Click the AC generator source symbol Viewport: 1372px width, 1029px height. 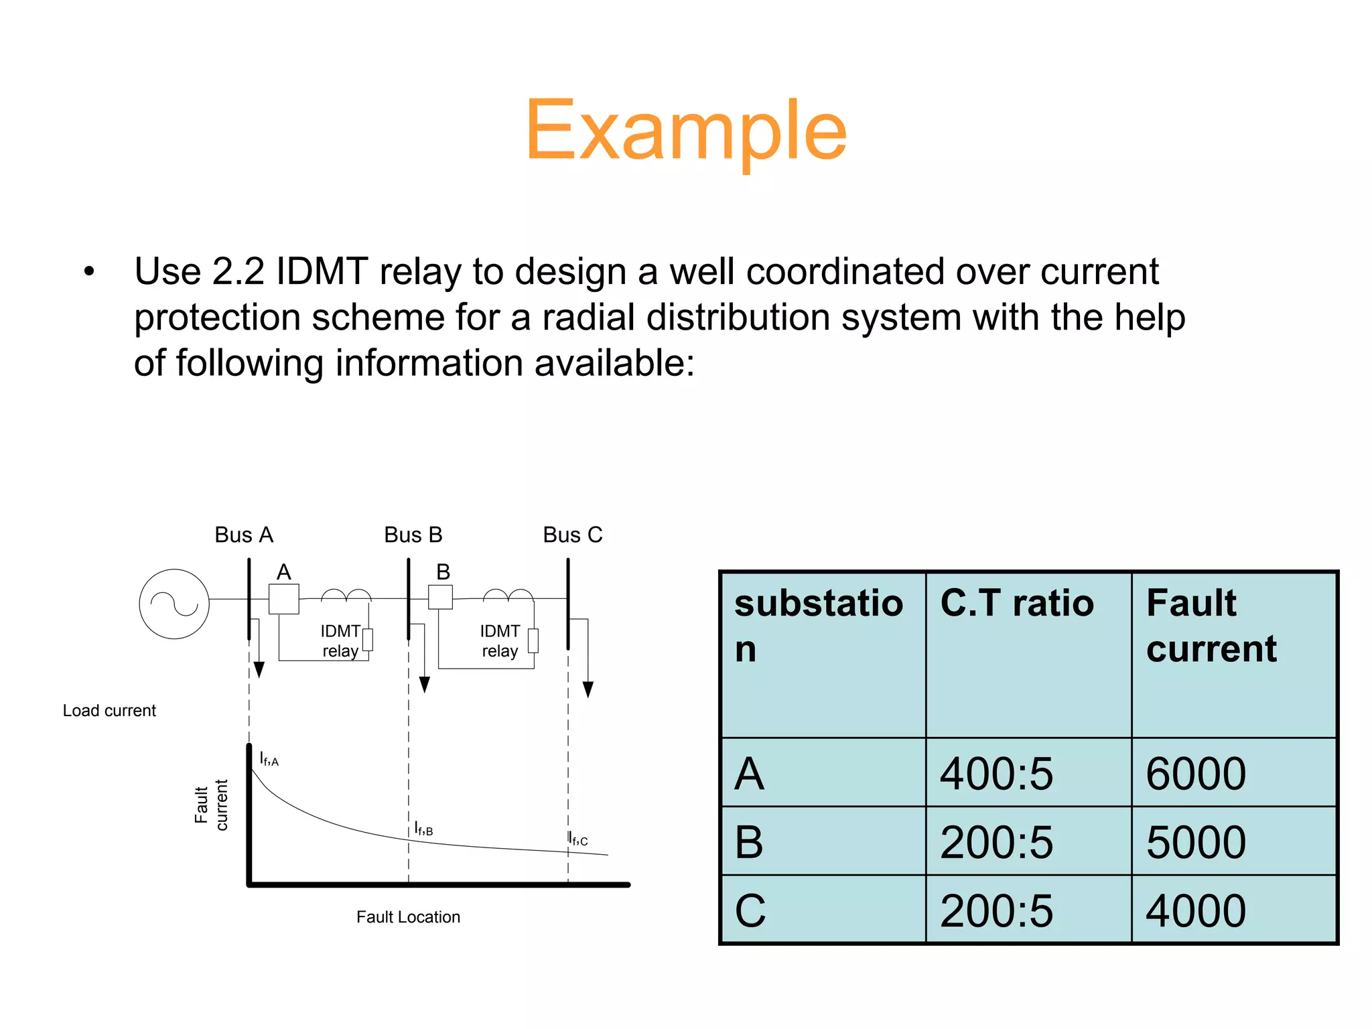174,604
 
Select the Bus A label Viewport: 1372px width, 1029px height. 244,535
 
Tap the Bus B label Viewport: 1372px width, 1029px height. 413,535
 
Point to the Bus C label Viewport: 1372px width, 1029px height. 572,535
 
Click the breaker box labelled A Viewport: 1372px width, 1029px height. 283,599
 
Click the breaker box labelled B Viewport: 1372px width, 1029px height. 440,597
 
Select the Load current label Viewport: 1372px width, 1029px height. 109,711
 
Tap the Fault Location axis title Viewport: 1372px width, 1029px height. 408,917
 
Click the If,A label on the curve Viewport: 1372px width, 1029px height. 269,759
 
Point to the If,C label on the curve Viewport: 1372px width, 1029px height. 577,839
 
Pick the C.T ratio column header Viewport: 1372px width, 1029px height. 1016,603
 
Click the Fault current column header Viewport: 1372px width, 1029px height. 1211,626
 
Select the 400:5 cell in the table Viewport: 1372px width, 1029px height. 996,774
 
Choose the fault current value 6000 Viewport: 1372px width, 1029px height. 1196,774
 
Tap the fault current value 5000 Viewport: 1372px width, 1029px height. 1196,842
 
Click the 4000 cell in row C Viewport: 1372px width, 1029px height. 1196,911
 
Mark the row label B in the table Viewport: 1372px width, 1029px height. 749,842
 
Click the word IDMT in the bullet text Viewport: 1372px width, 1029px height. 321,271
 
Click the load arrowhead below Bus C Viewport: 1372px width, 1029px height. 588,689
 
